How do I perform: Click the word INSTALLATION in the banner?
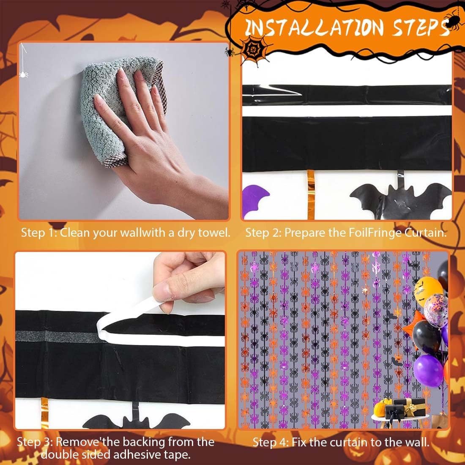(x=315, y=27)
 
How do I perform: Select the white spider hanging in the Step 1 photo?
(x=23, y=74)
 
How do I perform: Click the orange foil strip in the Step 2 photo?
(x=311, y=194)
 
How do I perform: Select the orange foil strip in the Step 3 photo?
(x=44, y=413)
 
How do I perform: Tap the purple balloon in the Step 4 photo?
(x=428, y=371)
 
